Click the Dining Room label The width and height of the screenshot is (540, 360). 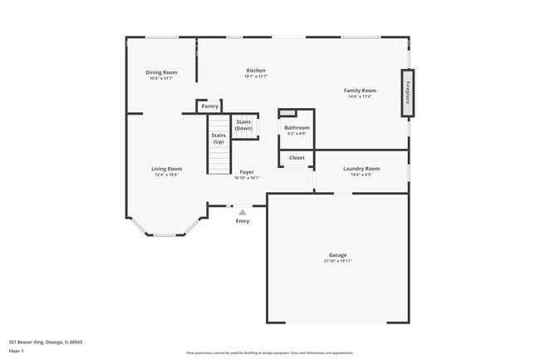pyautogui.click(x=161, y=72)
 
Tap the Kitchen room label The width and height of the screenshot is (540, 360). pyautogui.click(x=256, y=71)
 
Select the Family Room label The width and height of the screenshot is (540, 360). pyautogui.click(x=360, y=90)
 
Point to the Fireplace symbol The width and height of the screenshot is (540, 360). pyautogui.click(x=407, y=92)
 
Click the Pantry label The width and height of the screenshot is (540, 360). pyautogui.click(x=209, y=106)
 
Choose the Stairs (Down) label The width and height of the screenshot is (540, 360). pyautogui.click(x=243, y=125)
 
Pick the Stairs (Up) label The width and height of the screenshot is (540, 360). pyautogui.click(x=218, y=138)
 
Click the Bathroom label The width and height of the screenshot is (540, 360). pyautogui.click(x=297, y=128)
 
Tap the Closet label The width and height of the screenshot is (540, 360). pyautogui.click(x=297, y=157)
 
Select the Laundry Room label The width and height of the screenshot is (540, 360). pyautogui.click(x=361, y=169)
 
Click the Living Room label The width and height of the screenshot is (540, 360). pyautogui.click(x=166, y=169)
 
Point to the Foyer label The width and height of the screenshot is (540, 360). pyautogui.click(x=247, y=172)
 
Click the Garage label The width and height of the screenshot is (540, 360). pyautogui.click(x=337, y=254)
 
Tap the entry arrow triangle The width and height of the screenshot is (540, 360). pyautogui.click(x=243, y=212)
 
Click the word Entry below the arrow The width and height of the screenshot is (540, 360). pyautogui.click(x=243, y=221)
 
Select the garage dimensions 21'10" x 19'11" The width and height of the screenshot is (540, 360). pyautogui.click(x=337, y=261)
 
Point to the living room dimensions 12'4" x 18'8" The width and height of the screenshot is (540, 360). pyautogui.click(x=166, y=175)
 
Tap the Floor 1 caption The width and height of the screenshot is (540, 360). pyautogui.click(x=17, y=351)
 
